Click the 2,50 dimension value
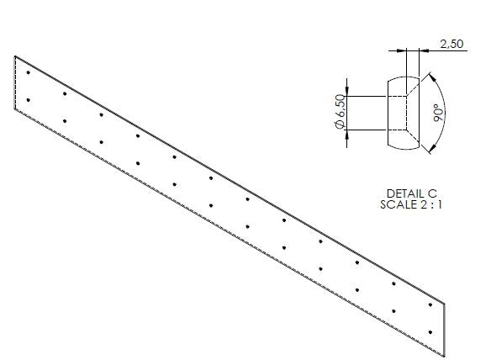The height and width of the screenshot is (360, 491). point(451,44)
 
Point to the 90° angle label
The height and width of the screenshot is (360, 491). point(438,114)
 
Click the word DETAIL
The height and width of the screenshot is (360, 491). point(403,193)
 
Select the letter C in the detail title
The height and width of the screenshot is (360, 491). point(432,193)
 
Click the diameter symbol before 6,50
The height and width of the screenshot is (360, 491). point(340,124)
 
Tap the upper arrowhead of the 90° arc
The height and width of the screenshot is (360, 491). point(432,77)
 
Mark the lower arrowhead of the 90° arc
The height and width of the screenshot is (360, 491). point(432,150)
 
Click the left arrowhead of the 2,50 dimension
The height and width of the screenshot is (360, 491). point(402,50)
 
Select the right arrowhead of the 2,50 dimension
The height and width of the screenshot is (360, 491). point(424,50)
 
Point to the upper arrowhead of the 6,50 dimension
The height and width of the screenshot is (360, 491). point(347,92)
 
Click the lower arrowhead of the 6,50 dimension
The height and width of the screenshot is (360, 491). point(347,134)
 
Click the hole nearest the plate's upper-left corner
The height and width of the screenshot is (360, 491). point(29,72)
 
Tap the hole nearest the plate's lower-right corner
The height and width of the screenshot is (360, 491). point(430,332)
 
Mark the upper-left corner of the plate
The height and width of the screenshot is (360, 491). point(15,56)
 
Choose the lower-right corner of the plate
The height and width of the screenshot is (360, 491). point(445,357)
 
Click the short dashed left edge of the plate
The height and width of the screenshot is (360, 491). point(15,82)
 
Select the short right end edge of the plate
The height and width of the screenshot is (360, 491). point(445,330)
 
